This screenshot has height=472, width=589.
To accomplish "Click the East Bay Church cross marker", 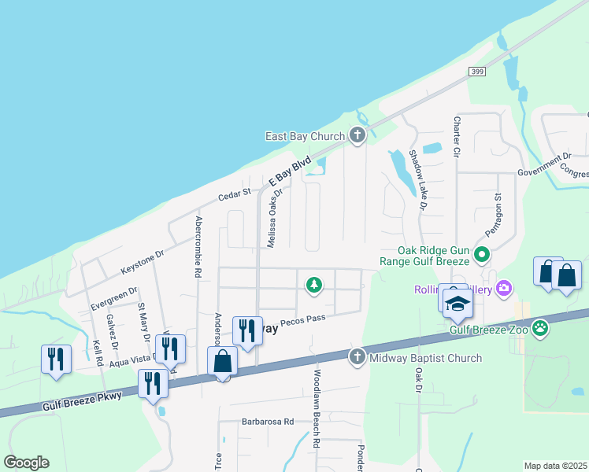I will pos(357,136).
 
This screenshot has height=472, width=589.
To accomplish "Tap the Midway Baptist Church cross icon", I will pos(357,358).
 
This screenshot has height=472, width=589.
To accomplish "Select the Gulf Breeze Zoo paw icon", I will pos(540,328).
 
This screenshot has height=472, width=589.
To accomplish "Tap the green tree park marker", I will pos(314,284).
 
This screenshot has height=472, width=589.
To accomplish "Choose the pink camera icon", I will pos(504,289).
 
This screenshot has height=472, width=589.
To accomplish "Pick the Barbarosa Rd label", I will pos(268,422).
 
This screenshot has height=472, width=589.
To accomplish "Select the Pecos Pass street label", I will pos(302,318).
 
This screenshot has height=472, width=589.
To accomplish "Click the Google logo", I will pos(26,463).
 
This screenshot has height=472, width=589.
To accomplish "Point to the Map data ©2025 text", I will pos(556,466).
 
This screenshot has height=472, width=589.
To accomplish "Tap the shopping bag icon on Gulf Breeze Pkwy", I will pos(224,363).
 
